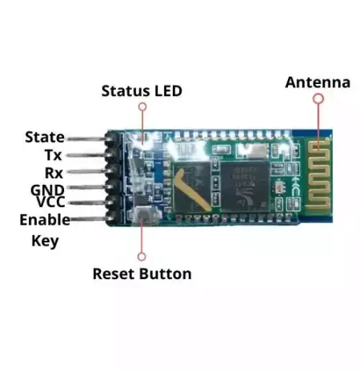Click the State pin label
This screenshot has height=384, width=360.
point(45,137)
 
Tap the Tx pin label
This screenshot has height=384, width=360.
point(53,155)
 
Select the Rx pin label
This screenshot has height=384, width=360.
point(54,173)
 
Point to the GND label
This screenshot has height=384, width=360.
point(47,190)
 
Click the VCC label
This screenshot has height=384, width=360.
point(50,202)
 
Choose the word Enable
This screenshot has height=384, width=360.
point(45,220)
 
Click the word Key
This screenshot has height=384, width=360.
point(45,241)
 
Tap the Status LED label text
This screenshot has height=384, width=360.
point(142,91)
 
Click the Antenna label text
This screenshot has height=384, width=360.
point(318,82)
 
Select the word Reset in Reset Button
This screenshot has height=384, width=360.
point(114,274)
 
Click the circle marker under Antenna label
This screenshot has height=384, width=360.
point(318,99)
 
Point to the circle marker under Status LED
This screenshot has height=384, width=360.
point(142,106)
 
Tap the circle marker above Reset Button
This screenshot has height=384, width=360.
point(142,257)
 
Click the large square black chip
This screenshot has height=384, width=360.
point(245,186)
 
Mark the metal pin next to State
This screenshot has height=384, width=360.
point(86,138)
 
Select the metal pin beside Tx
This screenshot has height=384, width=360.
point(86,155)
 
